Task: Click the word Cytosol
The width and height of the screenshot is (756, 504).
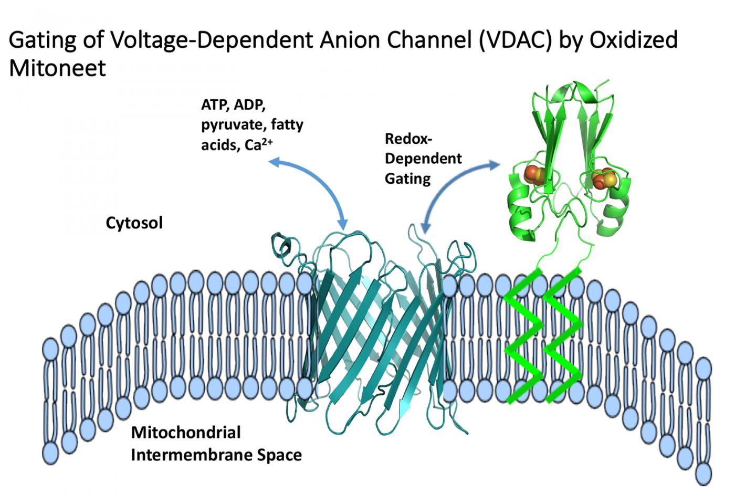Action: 134,223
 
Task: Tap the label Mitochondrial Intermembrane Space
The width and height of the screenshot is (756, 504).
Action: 216,444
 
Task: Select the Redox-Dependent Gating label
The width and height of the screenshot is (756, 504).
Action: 423,159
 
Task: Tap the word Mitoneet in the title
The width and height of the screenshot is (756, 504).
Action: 58,68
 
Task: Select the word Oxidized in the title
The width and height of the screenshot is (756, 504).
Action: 634,40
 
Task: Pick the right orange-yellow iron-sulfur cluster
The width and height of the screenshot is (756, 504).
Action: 604,178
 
